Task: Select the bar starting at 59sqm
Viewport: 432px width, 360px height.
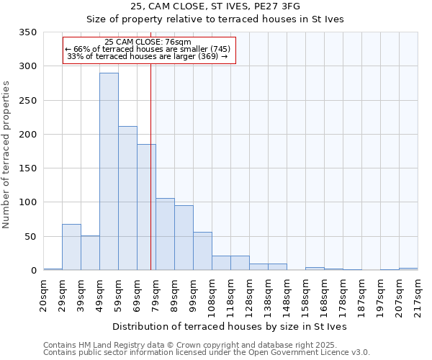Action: pyautogui.click(x=127, y=198)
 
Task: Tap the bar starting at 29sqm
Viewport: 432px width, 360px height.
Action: pyautogui.click(x=71, y=247)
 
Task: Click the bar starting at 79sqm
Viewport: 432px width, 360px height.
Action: pyautogui.click(x=165, y=234)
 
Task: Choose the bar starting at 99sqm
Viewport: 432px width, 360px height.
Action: pyautogui.click(x=202, y=251)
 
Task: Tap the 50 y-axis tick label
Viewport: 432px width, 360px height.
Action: pyautogui.click(x=30, y=236)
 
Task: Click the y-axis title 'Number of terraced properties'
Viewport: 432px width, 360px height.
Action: pyautogui.click(x=7, y=155)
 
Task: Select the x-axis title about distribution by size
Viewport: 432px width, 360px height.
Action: pyautogui.click(x=230, y=326)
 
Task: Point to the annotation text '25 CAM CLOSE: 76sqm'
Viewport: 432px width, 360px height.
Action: pyautogui.click(x=148, y=42)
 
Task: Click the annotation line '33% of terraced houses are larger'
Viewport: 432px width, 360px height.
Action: pyautogui.click(x=147, y=56)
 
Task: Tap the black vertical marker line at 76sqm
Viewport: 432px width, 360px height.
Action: pyautogui.click(x=150, y=180)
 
